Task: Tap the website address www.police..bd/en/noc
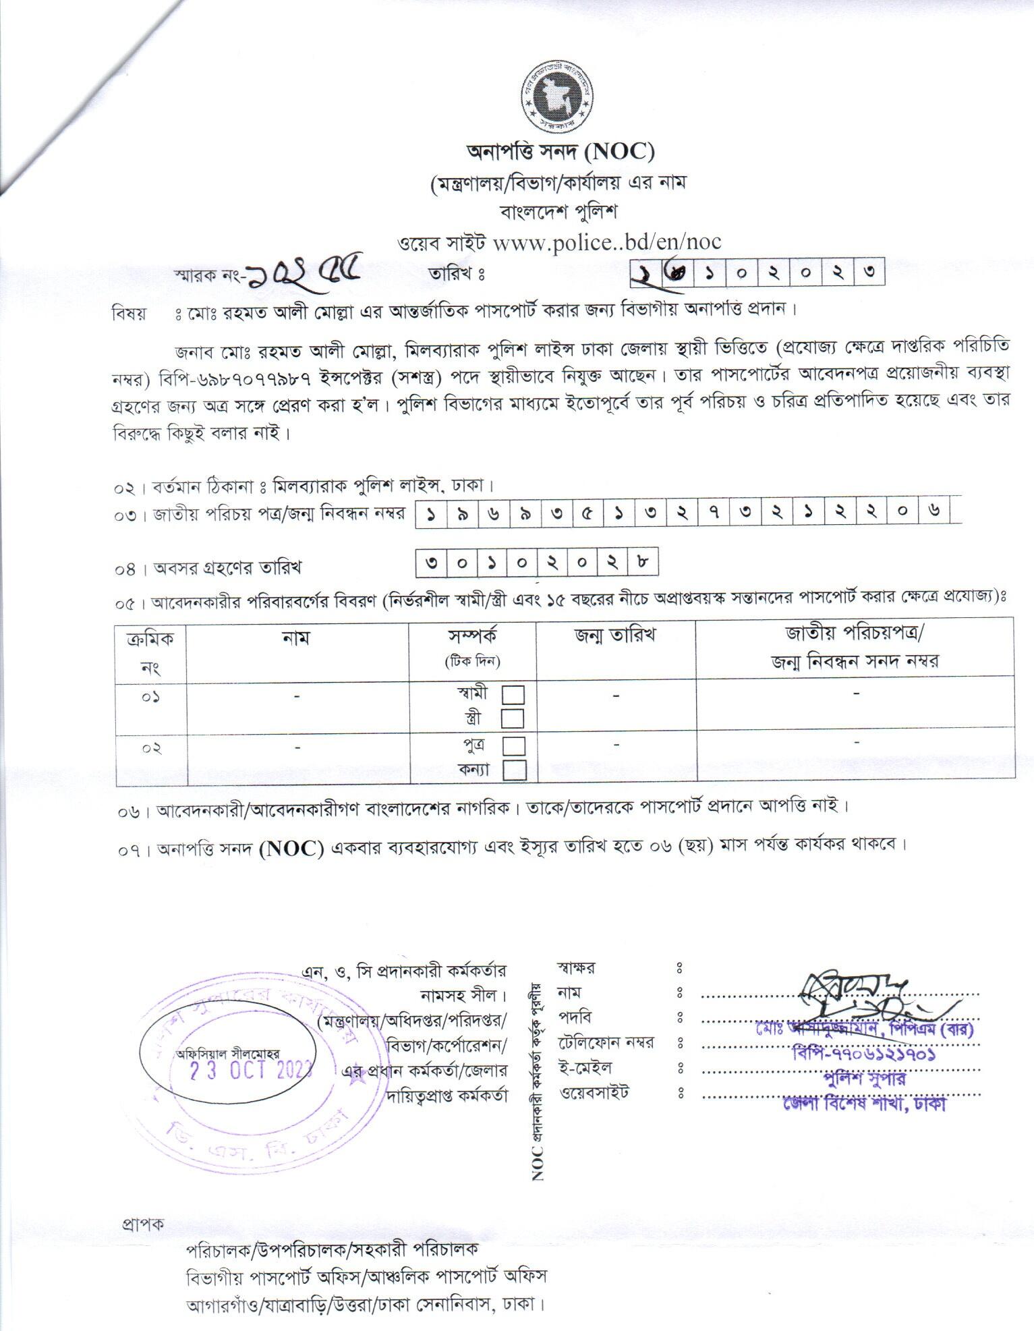click(607, 242)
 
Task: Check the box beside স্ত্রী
click(513, 719)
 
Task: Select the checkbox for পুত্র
click(514, 745)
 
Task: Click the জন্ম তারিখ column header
click(615, 635)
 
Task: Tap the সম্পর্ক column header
click(472, 636)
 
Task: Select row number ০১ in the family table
click(150, 697)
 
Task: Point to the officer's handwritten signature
click(857, 996)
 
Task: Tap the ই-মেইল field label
click(584, 1067)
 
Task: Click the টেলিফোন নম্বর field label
click(605, 1043)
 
